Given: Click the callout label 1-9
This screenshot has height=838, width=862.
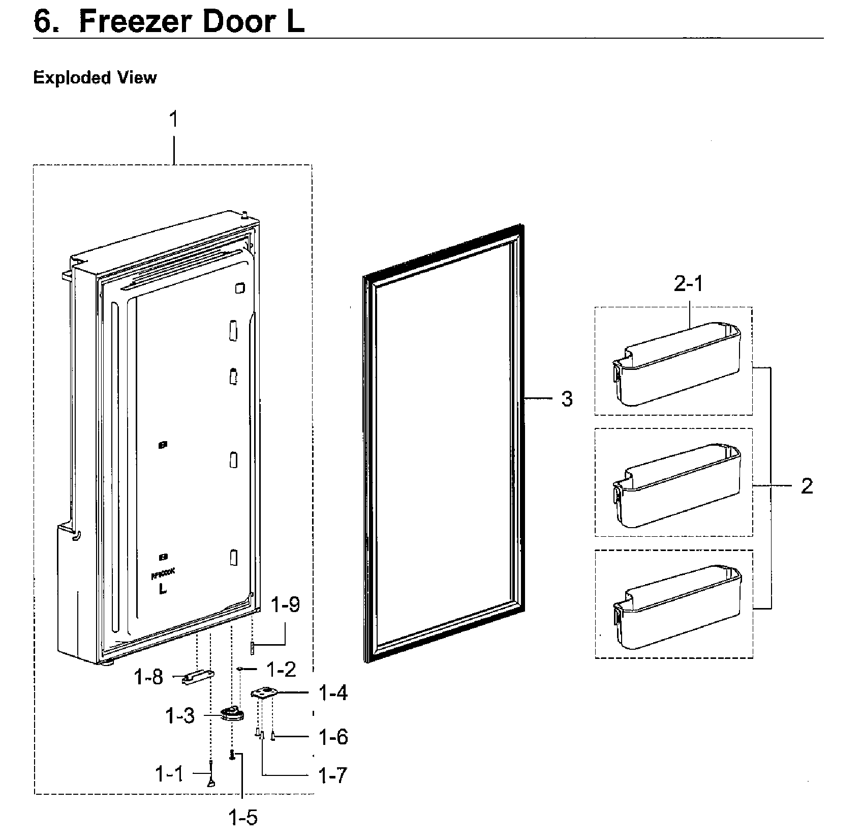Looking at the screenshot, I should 285,605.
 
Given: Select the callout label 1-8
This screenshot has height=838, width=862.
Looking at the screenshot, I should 148,677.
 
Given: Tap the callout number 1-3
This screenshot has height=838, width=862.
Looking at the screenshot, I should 179,716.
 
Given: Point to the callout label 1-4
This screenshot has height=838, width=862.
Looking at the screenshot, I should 333,693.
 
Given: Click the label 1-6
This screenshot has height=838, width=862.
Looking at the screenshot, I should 333,737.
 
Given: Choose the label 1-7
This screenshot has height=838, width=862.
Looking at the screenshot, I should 332,775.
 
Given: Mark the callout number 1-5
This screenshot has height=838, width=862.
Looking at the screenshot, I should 243,818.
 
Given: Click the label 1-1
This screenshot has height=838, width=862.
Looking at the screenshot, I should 169,774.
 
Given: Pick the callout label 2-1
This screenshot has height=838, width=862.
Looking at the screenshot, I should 688,284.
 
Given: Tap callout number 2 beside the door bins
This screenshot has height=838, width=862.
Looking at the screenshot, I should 807,486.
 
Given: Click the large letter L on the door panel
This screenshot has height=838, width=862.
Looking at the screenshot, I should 163,589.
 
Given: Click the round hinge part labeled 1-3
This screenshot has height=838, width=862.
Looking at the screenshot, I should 232,714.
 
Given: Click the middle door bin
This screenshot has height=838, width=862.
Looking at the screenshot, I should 676,485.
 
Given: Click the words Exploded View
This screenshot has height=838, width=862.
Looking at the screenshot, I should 95,78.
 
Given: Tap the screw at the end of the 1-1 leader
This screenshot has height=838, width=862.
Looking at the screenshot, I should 211,782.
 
